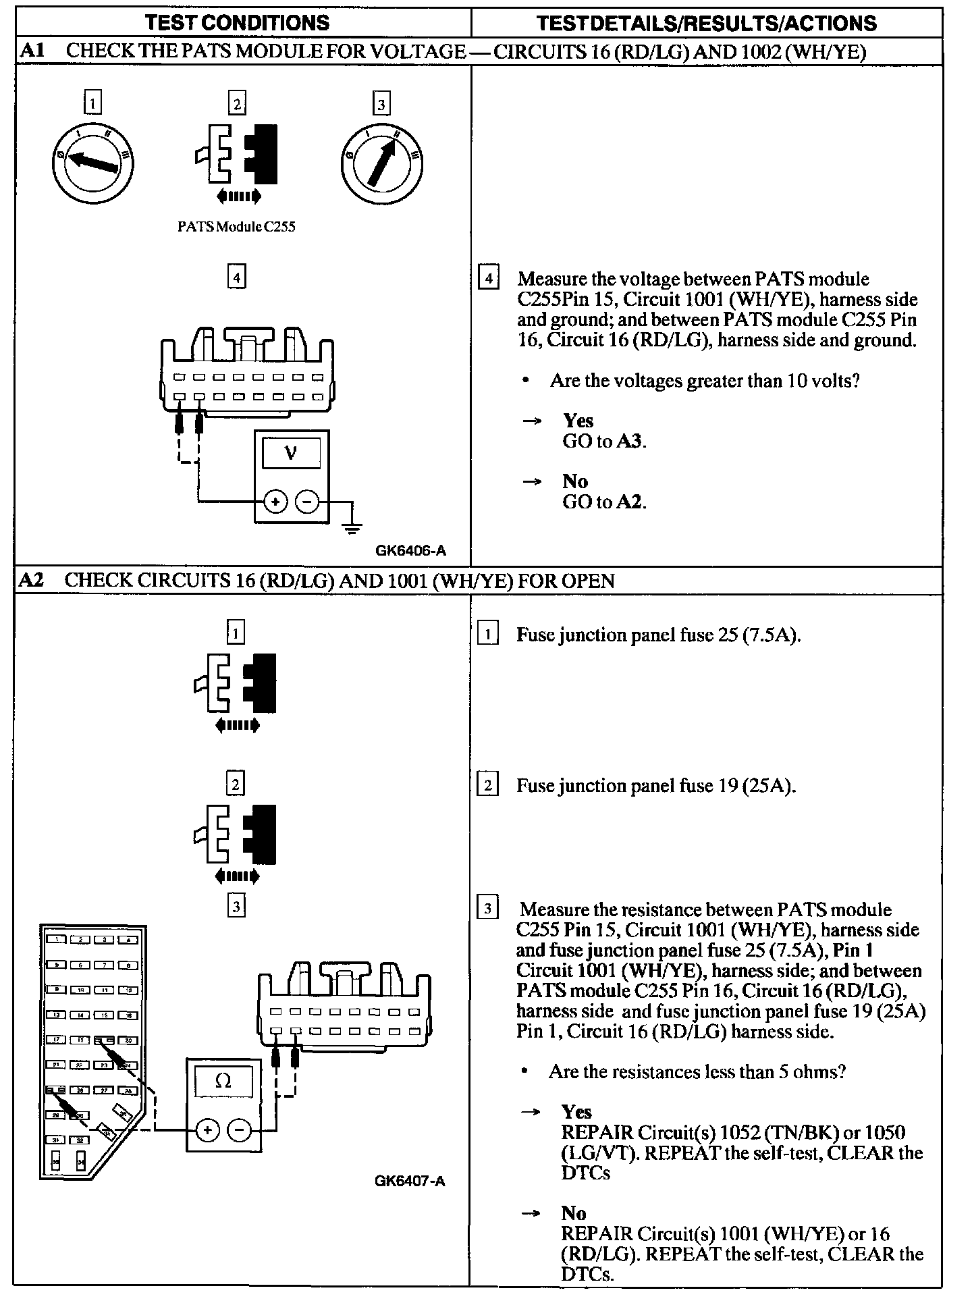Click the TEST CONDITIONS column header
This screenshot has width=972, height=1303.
[x=238, y=23]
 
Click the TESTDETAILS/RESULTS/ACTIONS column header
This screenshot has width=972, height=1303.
[x=706, y=24]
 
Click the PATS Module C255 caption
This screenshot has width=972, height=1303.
[x=236, y=227]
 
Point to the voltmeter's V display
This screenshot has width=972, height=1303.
[x=291, y=453]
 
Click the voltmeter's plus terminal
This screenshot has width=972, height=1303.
[x=275, y=502]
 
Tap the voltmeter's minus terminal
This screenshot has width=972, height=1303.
[x=307, y=502]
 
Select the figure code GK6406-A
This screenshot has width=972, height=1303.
[x=410, y=550]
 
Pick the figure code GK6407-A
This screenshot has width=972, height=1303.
[x=410, y=1181]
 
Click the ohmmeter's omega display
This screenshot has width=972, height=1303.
[x=223, y=1082]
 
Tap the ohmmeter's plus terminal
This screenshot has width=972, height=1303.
[x=207, y=1129]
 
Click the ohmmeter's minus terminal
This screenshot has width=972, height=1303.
[x=239, y=1129]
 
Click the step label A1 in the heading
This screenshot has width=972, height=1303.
[x=32, y=51]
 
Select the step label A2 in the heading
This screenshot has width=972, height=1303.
[x=32, y=581]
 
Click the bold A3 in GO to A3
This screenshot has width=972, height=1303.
[x=633, y=442]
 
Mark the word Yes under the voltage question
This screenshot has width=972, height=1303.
[x=578, y=421]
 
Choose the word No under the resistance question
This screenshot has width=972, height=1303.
[x=574, y=1213]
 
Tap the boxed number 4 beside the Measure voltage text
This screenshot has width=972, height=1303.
[x=488, y=278]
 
